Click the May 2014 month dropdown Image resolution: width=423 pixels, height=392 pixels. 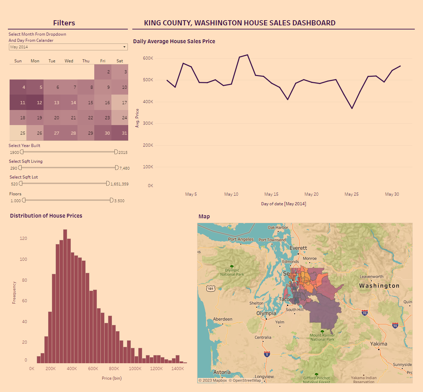click(x=68, y=47)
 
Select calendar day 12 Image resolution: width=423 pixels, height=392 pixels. click(x=35, y=102)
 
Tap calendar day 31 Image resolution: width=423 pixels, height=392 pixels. click(x=120, y=133)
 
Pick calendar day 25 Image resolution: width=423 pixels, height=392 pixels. click(x=18, y=133)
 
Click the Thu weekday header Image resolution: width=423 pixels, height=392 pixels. click(x=86, y=61)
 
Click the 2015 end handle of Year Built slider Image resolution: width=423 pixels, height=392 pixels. click(x=116, y=152)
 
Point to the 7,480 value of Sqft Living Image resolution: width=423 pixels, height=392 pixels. click(x=124, y=168)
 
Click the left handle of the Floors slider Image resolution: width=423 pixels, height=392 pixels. click(x=24, y=200)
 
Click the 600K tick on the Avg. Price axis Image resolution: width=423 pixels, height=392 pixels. click(x=148, y=58)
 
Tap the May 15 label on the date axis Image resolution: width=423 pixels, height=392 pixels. click(x=271, y=194)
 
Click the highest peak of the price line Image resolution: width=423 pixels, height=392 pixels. click(x=247, y=55)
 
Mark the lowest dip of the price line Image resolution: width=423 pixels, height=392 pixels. click(x=352, y=109)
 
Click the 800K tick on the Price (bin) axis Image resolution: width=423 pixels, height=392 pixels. click(x=114, y=369)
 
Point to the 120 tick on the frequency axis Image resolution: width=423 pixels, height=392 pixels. click(x=23, y=238)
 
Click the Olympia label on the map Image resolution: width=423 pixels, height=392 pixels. click(x=266, y=313)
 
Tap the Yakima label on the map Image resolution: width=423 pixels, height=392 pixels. click(x=378, y=344)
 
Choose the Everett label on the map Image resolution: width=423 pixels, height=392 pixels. click(x=298, y=248)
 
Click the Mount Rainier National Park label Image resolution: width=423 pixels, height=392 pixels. click(x=322, y=338)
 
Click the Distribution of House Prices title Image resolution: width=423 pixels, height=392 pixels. click(x=46, y=216)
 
